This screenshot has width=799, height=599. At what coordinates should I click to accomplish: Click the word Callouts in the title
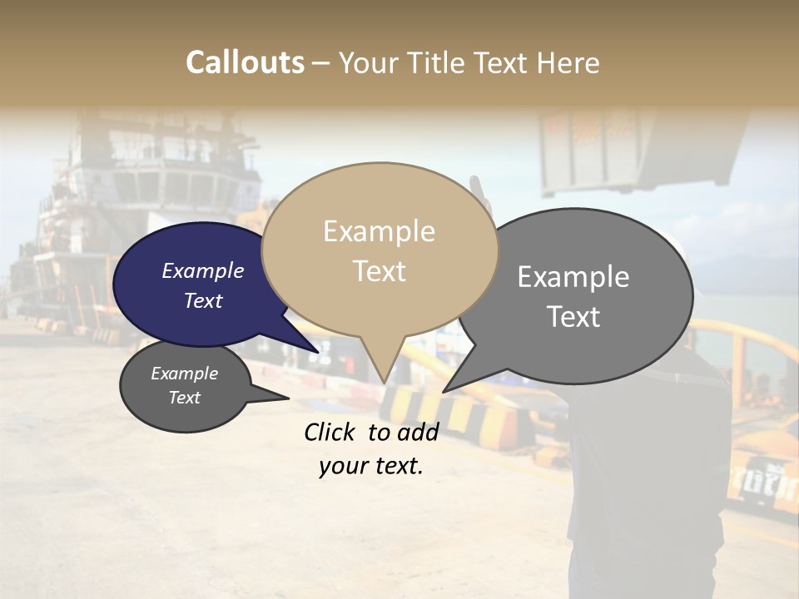[x=245, y=62]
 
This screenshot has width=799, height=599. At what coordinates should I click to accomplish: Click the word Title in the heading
[x=437, y=62]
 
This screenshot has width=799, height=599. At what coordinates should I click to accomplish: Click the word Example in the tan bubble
[x=379, y=231]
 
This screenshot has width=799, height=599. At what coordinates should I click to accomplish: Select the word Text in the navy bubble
[x=203, y=300]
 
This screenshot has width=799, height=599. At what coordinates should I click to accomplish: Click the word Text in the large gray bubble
[x=573, y=317]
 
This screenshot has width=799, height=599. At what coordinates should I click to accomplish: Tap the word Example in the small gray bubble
[x=184, y=374]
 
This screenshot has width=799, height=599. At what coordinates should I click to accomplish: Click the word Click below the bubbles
[x=331, y=432]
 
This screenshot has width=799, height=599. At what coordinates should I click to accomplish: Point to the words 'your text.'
[x=371, y=467]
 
